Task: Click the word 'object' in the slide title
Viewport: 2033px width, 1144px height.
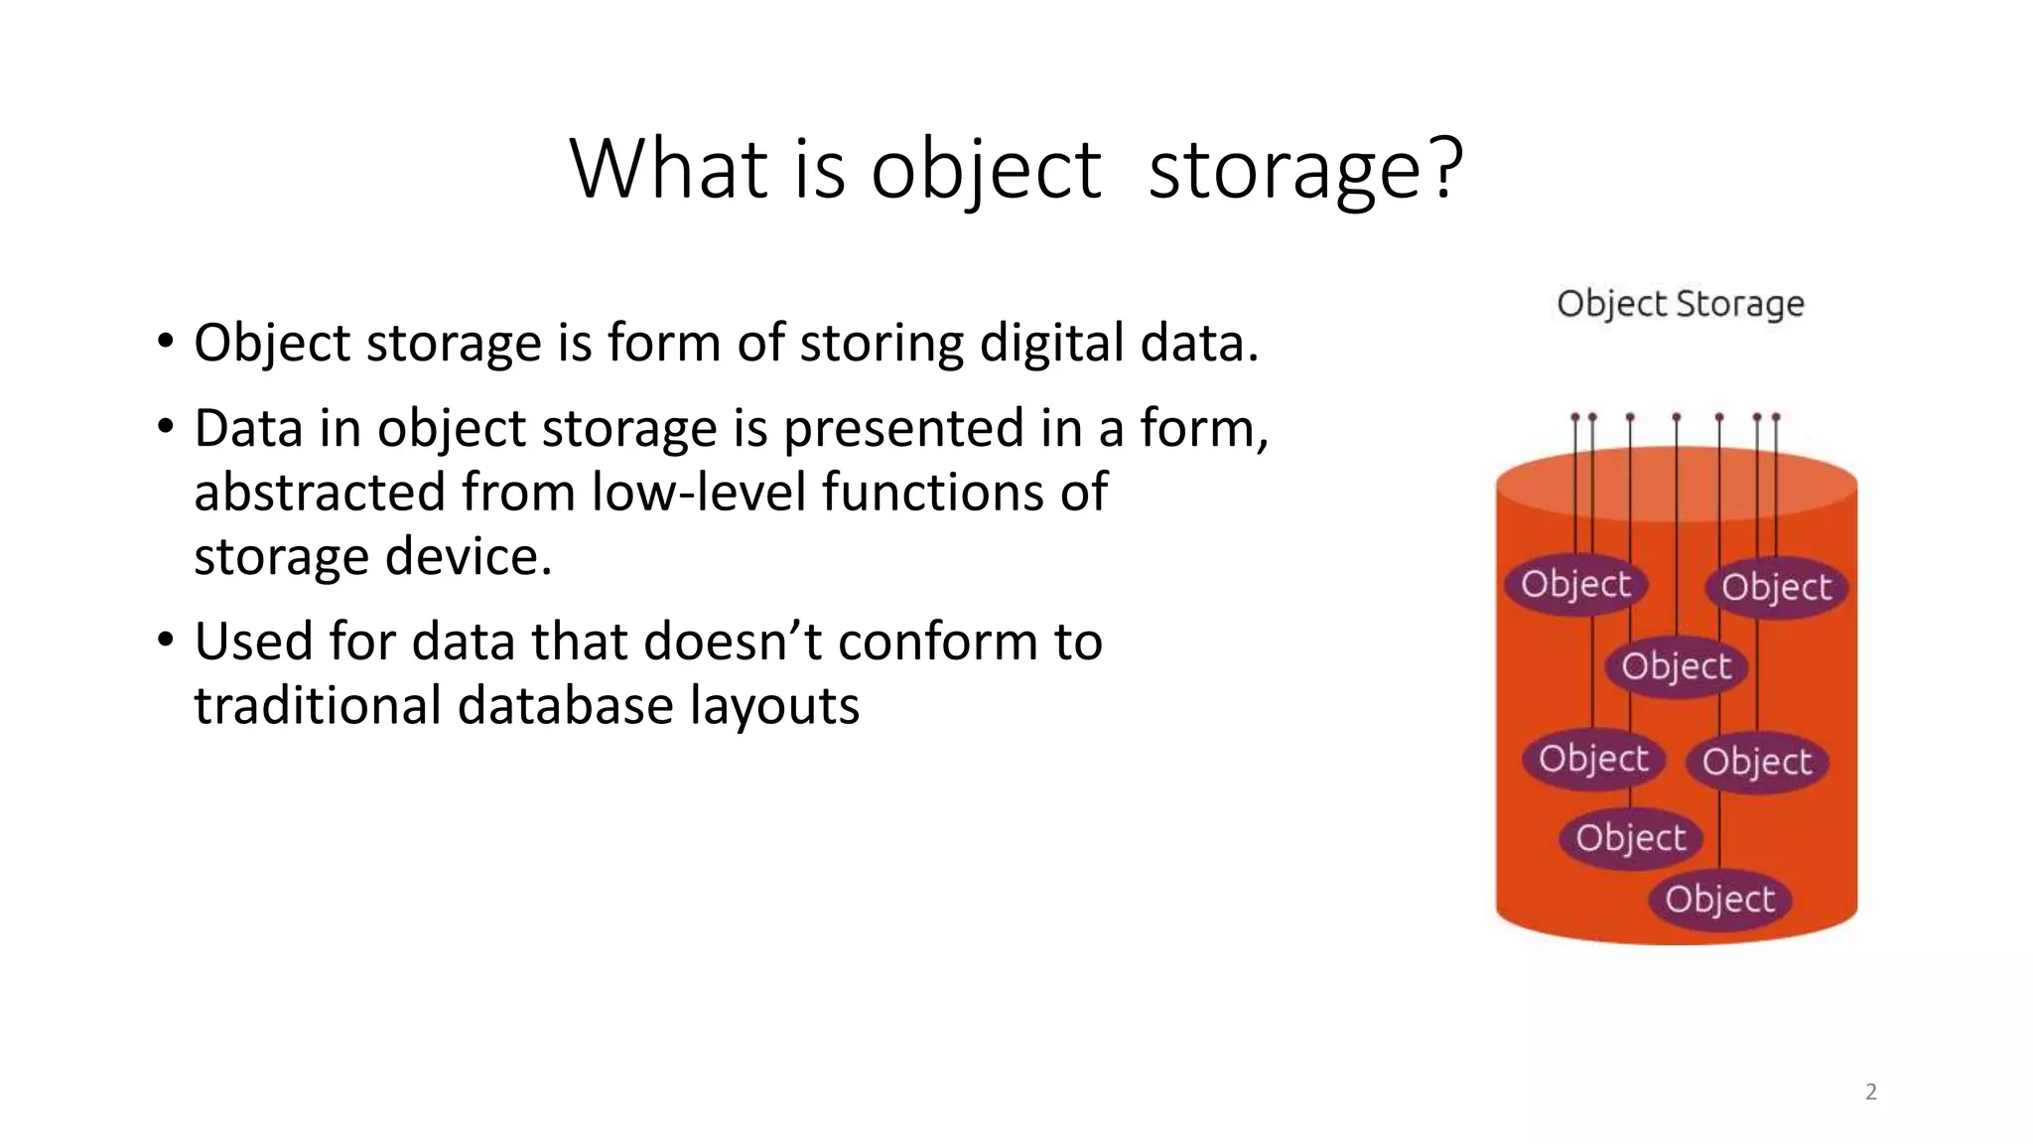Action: [x=986, y=169]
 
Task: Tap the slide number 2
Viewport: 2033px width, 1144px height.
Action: [x=1870, y=1092]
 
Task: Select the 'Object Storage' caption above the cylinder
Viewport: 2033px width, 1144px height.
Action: [x=1680, y=303]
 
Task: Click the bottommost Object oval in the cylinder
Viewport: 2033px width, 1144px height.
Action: [x=1719, y=899]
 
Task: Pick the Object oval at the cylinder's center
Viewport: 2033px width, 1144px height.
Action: [x=1676, y=665]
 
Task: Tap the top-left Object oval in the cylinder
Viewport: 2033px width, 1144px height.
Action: [x=1575, y=584]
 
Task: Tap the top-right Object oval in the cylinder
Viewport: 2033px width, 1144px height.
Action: [x=1776, y=587]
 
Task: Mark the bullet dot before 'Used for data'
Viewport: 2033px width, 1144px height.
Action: [x=166, y=640]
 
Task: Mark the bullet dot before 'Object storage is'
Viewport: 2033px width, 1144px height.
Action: [x=166, y=342]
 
